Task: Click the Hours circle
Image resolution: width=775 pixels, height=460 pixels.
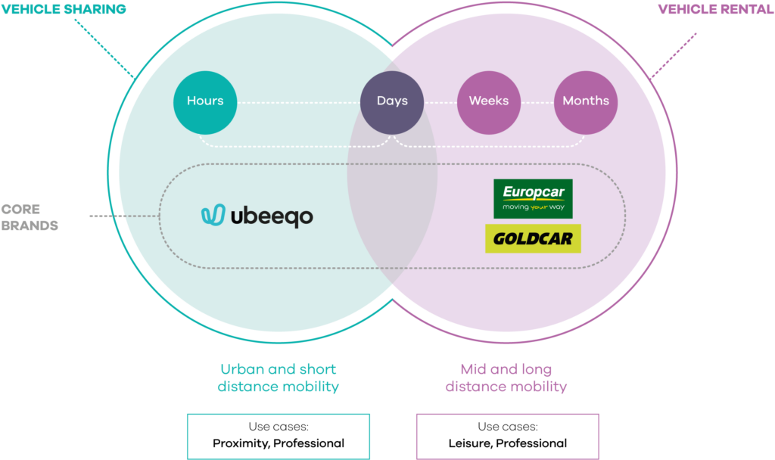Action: pos(205,101)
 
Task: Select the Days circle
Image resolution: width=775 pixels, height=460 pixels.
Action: pos(392,101)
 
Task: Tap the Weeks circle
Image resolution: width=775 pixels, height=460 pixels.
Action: pos(489,101)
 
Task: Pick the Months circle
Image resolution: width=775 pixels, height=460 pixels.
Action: pos(586,101)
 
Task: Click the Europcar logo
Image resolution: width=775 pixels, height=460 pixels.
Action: pos(533,198)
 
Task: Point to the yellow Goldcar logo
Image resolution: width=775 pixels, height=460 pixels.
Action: pos(533,238)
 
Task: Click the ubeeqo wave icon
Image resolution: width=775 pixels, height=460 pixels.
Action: pos(213,216)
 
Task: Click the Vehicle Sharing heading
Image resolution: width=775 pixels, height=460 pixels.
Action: pos(63,9)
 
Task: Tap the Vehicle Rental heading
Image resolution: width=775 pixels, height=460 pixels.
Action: pos(715,9)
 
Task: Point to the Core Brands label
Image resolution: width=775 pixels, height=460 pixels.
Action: pos(30,217)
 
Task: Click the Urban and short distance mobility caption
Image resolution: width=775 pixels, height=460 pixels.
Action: pos(278,378)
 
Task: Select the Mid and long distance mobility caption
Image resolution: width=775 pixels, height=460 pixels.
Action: pos(506,378)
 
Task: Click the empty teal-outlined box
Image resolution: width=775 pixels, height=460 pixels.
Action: pos(278,436)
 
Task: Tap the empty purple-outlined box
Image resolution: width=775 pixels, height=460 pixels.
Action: pos(507,436)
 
